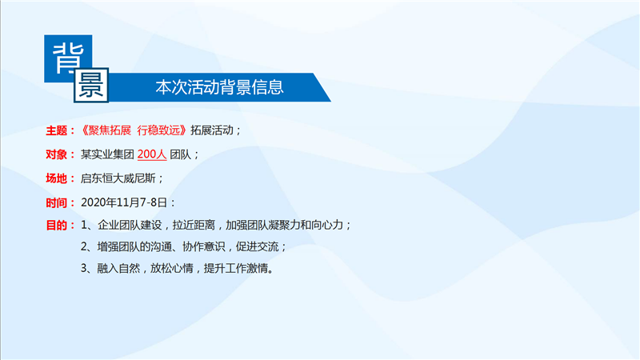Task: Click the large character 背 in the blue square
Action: [68, 58]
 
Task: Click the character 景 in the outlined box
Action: [91, 85]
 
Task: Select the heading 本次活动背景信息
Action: [219, 87]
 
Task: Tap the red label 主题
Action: [56, 130]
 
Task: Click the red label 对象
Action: [56, 154]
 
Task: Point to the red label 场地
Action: [56, 178]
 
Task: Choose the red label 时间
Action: [56, 202]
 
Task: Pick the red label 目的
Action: [56, 225]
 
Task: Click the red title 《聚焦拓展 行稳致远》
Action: [134, 130]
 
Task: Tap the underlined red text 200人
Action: [152, 154]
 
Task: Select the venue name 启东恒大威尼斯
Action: [118, 178]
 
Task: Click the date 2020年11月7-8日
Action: [124, 202]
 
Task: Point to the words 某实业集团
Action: [107, 154]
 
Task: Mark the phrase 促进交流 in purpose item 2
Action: [257, 246]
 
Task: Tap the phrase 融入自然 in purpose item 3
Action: [118, 268]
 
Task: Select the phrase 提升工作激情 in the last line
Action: [236, 268]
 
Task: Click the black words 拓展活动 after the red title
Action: [212, 130]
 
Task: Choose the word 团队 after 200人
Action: [181, 154]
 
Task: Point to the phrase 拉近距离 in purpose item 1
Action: [194, 225]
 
